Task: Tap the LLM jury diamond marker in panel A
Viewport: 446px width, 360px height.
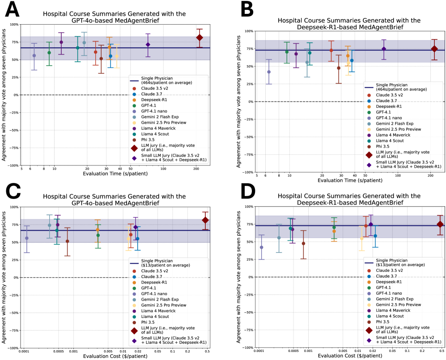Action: point(200,38)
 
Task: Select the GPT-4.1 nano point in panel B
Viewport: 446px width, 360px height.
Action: point(269,72)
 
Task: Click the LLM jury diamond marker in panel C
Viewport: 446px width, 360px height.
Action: point(205,220)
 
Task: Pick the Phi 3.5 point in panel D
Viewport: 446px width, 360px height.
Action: point(303,244)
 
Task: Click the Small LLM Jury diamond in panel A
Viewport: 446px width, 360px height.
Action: point(148,45)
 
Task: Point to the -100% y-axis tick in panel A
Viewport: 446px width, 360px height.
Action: point(12,165)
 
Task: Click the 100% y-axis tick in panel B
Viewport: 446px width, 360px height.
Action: point(248,31)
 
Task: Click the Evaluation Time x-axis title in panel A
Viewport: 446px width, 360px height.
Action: point(112,174)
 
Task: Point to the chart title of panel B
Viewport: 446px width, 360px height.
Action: point(349,24)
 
